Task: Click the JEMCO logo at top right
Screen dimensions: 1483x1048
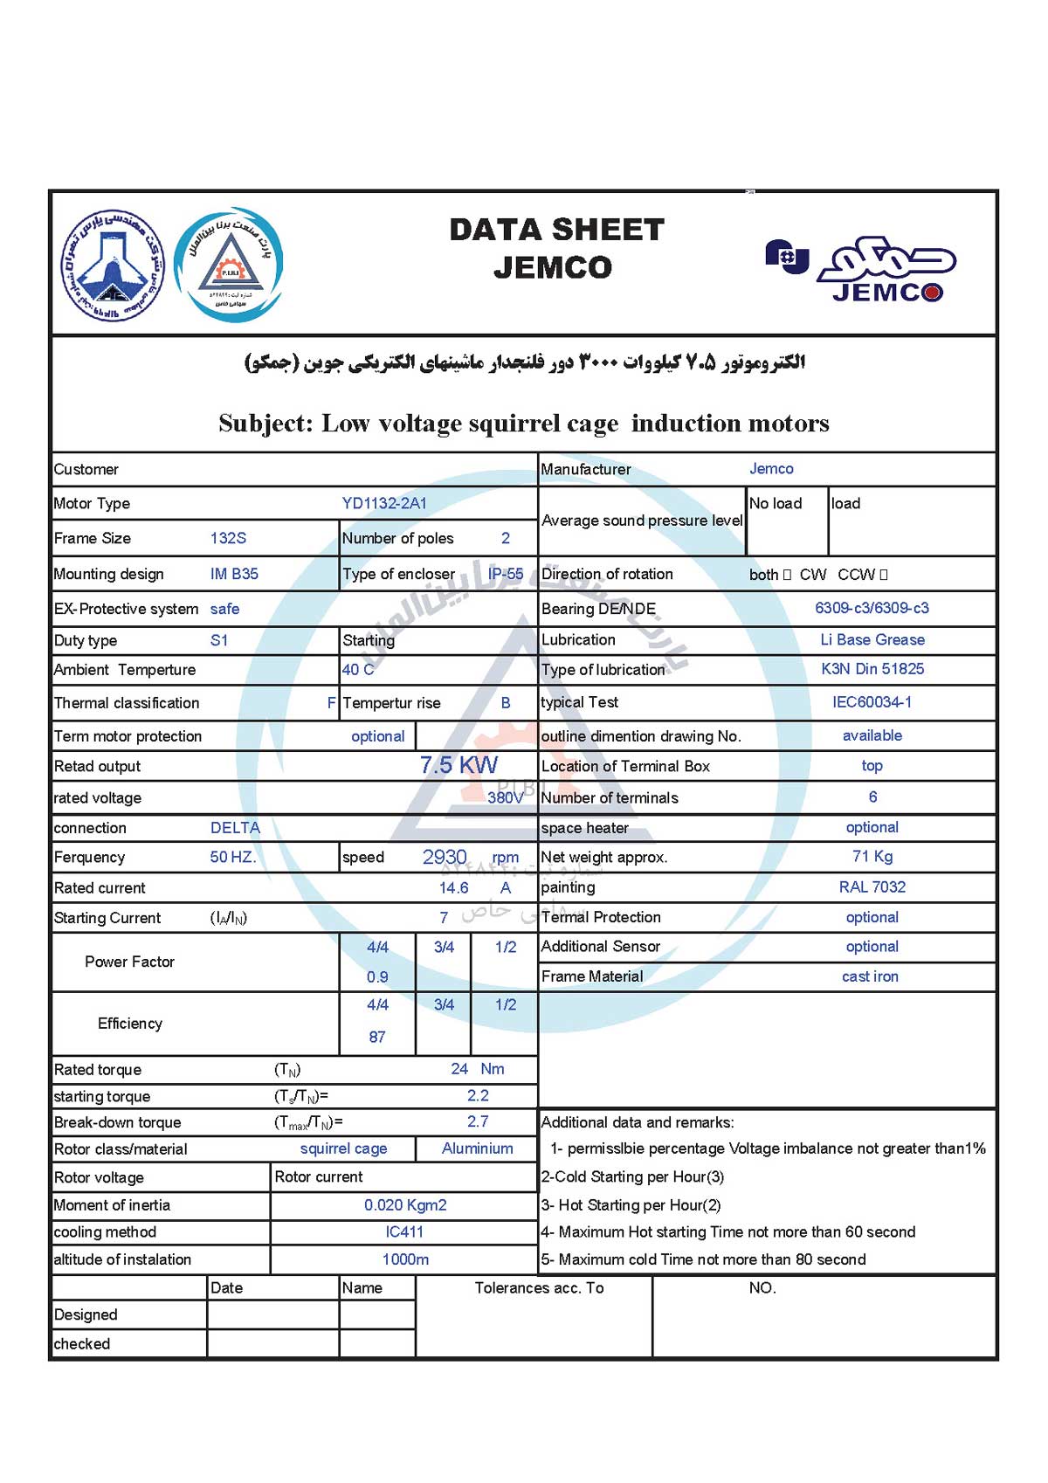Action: pos(861,269)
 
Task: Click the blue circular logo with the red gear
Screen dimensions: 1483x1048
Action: pos(229,264)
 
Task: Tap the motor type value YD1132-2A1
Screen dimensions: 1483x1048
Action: pos(384,503)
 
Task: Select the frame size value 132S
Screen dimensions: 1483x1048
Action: pos(228,538)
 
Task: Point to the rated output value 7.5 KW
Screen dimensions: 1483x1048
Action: pos(458,765)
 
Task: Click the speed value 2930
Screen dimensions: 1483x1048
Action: pos(445,857)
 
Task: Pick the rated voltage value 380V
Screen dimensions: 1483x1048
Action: pos(505,797)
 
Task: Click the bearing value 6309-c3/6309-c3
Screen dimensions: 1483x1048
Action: pos(872,608)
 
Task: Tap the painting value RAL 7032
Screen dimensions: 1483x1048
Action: pos(872,886)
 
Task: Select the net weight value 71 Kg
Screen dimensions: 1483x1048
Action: pos(872,856)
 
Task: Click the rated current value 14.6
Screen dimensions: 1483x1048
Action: pos(453,887)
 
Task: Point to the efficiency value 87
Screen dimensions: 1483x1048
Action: pos(377,1037)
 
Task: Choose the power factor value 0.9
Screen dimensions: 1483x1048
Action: pos(377,976)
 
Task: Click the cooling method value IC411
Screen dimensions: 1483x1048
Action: pos(404,1231)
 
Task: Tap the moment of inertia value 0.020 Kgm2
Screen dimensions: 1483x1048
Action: pos(405,1204)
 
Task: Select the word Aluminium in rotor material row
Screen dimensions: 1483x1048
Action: pos(477,1148)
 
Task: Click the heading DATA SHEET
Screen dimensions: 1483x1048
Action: pos(556,230)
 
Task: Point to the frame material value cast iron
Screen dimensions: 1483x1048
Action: pos(870,976)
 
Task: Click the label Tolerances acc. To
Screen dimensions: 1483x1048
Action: pos(539,1287)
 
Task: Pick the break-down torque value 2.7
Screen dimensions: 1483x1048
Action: pos(478,1121)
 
